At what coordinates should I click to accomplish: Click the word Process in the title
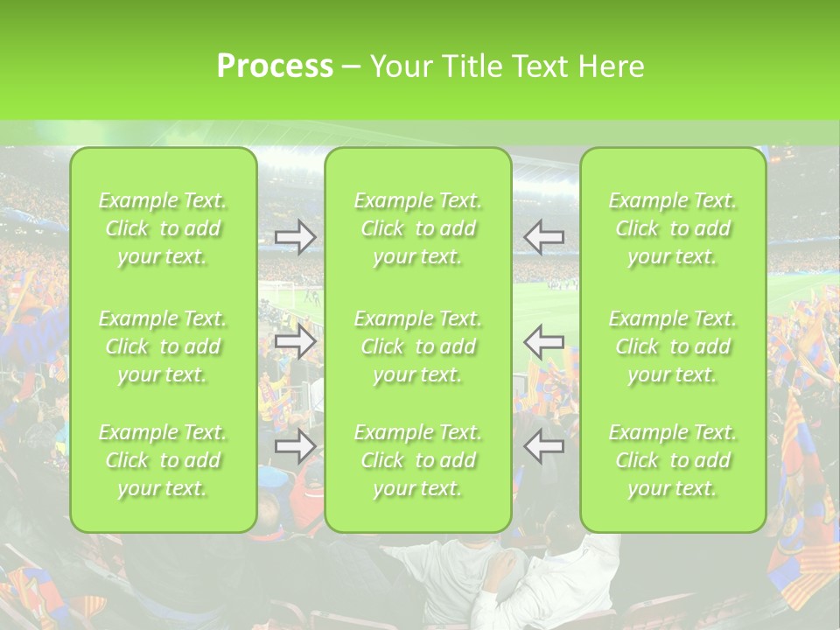[275, 66]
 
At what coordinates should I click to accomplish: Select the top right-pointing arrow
[295, 236]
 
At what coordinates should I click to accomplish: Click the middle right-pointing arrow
[295, 341]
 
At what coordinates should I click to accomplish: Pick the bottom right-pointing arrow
[295, 446]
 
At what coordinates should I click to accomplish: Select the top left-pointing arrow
[544, 236]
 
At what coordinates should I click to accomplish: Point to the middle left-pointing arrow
[544, 341]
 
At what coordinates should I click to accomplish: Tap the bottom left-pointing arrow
[544, 446]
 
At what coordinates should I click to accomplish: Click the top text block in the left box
[163, 228]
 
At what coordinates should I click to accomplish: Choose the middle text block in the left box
[163, 346]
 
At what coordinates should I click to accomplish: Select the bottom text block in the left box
[163, 460]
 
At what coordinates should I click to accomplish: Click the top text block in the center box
[418, 228]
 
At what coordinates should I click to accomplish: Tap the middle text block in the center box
[418, 346]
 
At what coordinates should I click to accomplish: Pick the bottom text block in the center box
[418, 460]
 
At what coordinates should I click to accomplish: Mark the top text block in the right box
[673, 228]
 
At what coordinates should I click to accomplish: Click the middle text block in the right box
[673, 346]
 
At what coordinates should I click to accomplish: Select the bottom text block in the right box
[673, 460]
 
